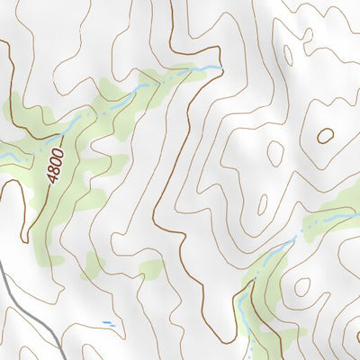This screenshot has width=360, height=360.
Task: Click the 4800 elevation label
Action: pos(56,166)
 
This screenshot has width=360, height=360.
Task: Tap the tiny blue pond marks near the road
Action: pos(109,323)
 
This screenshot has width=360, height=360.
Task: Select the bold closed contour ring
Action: pos(326,136)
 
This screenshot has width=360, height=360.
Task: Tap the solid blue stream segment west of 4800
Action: pos(9,157)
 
